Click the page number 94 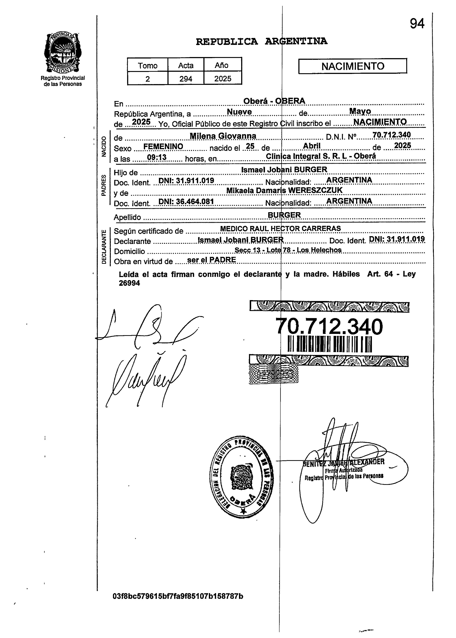(417, 24)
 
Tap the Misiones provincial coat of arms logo (63, 53)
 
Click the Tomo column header (147, 65)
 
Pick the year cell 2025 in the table (223, 79)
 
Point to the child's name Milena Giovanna (223, 136)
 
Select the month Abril (312, 146)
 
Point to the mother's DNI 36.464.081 (186, 201)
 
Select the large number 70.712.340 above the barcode (329, 327)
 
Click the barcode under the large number (330, 344)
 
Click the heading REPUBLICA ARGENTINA (261, 42)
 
